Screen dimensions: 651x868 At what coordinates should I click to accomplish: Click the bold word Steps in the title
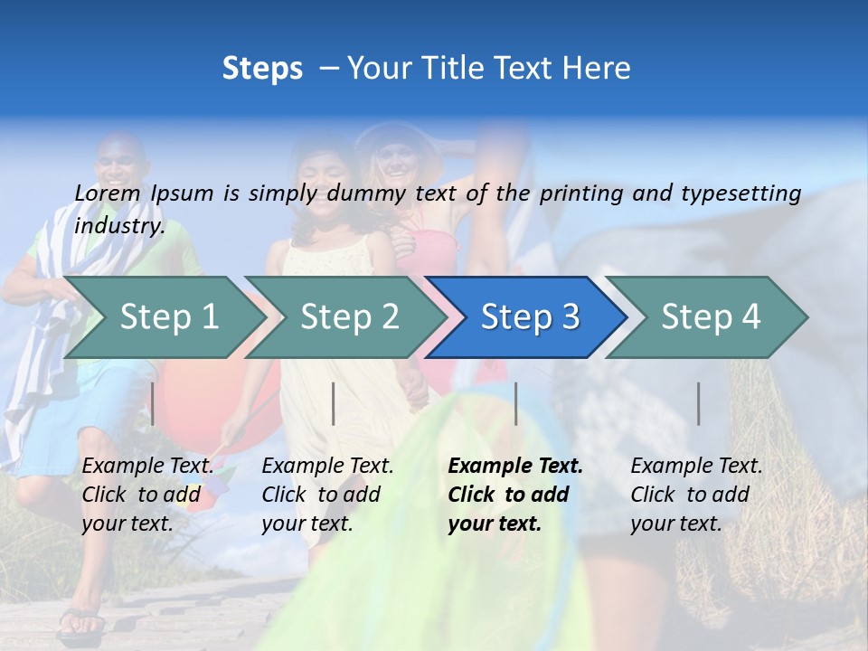[x=262, y=69]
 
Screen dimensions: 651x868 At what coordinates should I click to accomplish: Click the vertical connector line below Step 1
[x=153, y=403]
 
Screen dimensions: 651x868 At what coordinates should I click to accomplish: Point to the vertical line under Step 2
[x=334, y=403]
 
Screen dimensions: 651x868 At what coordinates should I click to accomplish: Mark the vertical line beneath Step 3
[x=515, y=403]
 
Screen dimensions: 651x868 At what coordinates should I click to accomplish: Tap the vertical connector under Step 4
[x=698, y=403]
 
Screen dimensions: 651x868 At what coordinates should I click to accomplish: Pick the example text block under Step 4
[x=696, y=495]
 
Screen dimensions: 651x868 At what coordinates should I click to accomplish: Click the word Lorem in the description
[x=107, y=193]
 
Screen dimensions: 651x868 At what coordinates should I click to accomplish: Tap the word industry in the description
[x=119, y=226]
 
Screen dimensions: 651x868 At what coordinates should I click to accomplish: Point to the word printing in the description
[x=583, y=193]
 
